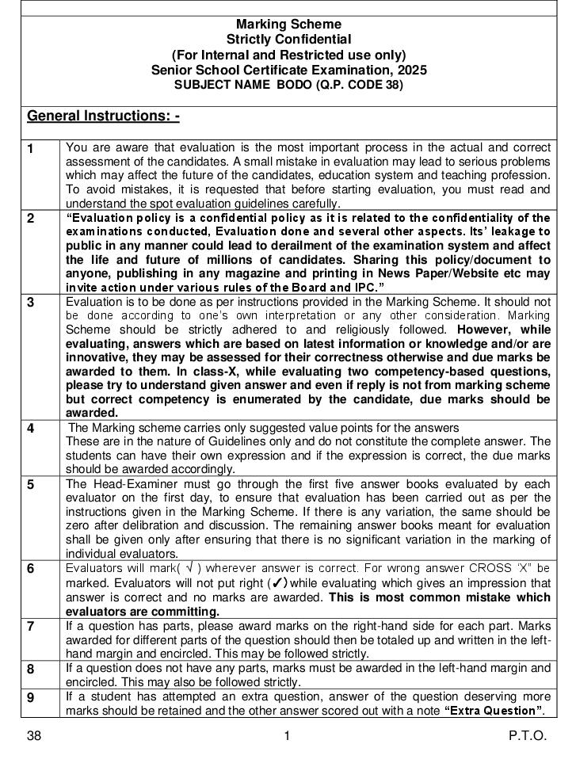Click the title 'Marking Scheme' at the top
pyautogui.click(x=288, y=25)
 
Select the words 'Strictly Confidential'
pyautogui.click(x=288, y=40)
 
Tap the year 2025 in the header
pyautogui.click(x=412, y=70)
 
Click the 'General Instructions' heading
pyautogui.click(x=103, y=116)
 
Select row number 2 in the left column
pyautogui.click(x=31, y=219)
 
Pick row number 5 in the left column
pyautogui.click(x=31, y=485)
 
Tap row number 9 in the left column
pyautogui.click(x=31, y=698)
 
